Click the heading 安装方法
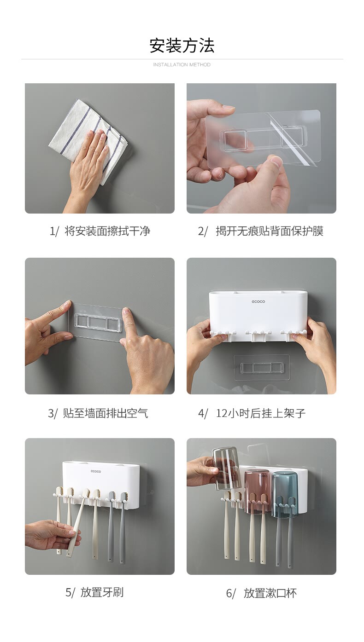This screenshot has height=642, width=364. point(182,45)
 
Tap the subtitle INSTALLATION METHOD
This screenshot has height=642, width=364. point(182,65)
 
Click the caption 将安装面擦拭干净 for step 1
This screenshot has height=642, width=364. point(107,231)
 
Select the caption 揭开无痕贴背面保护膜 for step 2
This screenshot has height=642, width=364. point(270,231)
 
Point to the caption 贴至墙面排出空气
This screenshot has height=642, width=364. point(105,413)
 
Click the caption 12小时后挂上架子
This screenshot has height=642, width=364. point(261,413)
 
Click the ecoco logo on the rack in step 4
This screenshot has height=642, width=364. point(258,301)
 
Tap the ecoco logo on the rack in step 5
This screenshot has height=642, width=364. point(96,471)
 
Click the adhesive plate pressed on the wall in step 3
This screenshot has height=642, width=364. point(98,323)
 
